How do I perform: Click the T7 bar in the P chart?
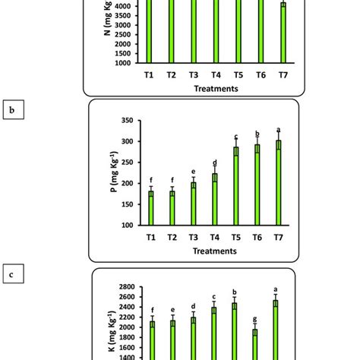pyautogui.click(x=279, y=182)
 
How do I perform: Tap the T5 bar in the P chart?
pyautogui.click(x=235, y=186)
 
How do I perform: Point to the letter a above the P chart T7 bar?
pyautogui.click(x=279, y=129)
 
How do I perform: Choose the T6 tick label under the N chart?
pyautogui.click(x=260, y=74)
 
